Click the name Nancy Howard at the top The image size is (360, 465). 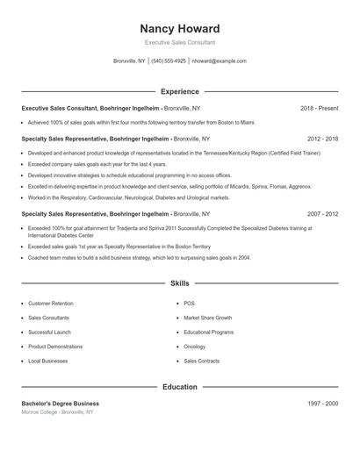point(179,28)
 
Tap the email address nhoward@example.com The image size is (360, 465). point(219,61)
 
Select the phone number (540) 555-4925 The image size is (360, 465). point(169,61)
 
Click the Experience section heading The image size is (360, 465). point(179,91)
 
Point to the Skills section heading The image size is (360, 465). point(179,284)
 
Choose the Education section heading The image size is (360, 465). point(179,386)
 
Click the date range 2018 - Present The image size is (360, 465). point(319,108)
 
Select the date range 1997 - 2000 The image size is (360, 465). point(322,403)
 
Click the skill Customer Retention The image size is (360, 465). point(51,304)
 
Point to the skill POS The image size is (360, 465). point(189,304)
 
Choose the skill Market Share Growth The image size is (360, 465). point(207,318)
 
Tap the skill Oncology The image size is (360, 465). point(195,347)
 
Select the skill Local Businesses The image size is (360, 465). point(47,361)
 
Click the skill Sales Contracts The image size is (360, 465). point(201,361)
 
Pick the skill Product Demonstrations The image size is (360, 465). point(55,347)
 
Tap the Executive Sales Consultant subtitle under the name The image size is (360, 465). point(179,42)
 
